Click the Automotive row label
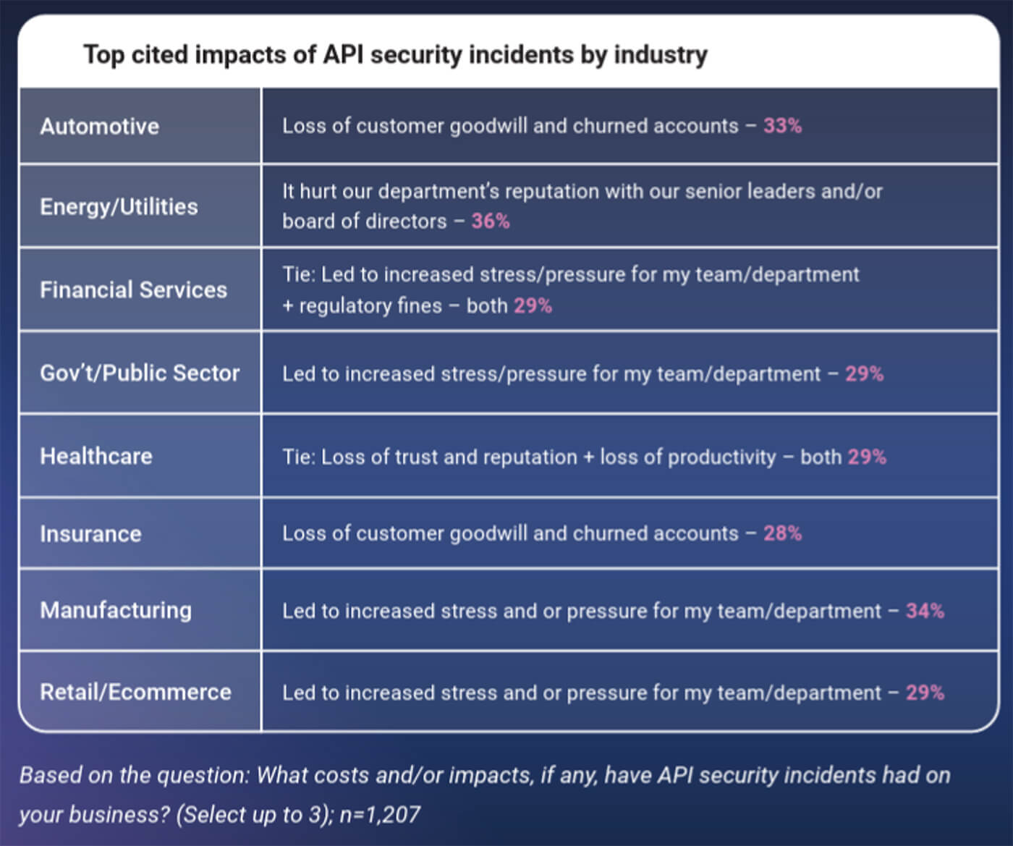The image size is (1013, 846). [x=99, y=127]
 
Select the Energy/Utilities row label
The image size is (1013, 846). [x=119, y=207]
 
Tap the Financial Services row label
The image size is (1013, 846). [x=133, y=290]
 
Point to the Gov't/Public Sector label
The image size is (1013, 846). [x=140, y=373]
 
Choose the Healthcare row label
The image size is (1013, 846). [x=96, y=456]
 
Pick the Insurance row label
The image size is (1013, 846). [x=90, y=534]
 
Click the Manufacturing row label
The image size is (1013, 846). [x=116, y=610]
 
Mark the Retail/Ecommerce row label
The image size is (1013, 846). [x=135, y=692]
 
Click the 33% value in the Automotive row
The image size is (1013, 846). [x=782, y=126]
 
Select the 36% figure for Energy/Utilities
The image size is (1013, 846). [x=491, y=221]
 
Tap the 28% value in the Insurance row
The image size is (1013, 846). [x=782, y=533]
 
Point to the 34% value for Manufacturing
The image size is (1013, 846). [x=925, y=611]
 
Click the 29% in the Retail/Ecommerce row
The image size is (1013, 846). [x=925, y=693]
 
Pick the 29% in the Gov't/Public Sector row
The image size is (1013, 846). [x=864, y=374]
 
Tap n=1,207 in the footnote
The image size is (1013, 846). [x=380, y=815]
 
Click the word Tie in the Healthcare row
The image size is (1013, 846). [x=297, y=457]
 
